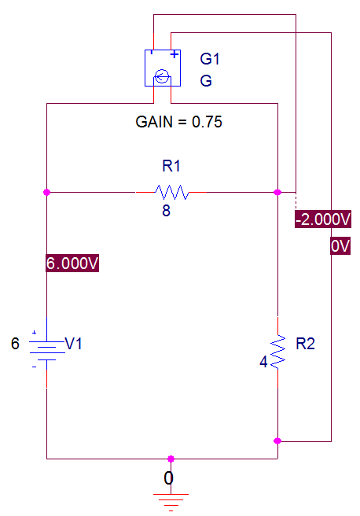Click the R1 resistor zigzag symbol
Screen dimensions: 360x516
click(x=172, y=192)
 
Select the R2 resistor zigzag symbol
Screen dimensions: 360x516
click(x=277, y=352)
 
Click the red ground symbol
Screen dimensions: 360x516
click(x=171, y=502)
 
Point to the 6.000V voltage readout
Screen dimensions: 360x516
click(x=72, y=264)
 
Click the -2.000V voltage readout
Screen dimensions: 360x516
click(x=323, y=219)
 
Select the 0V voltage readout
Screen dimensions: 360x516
click(x=340, y=246)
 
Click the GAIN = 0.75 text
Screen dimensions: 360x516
click(x=179, y=122)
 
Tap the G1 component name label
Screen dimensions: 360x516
click(x=210, y=59)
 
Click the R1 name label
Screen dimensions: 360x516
click(x=171, y=166)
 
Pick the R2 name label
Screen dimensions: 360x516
click(x=306, y=344)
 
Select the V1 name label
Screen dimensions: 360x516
click(x=73, y=344)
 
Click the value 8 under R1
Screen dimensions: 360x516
click(x=167, y=211)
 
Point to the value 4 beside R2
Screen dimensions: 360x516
click(x=263, y=362)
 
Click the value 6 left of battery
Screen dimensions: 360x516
click(x=15, y=344)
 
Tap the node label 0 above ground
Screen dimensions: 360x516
click(x=168, y=477)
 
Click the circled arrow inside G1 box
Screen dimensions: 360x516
click(x=162, y=77)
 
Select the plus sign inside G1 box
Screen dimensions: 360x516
click(x=174, y=54)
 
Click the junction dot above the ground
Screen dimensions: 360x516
click(x=171, y=459)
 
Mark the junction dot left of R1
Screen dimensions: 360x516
click(x=46, y=192)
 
